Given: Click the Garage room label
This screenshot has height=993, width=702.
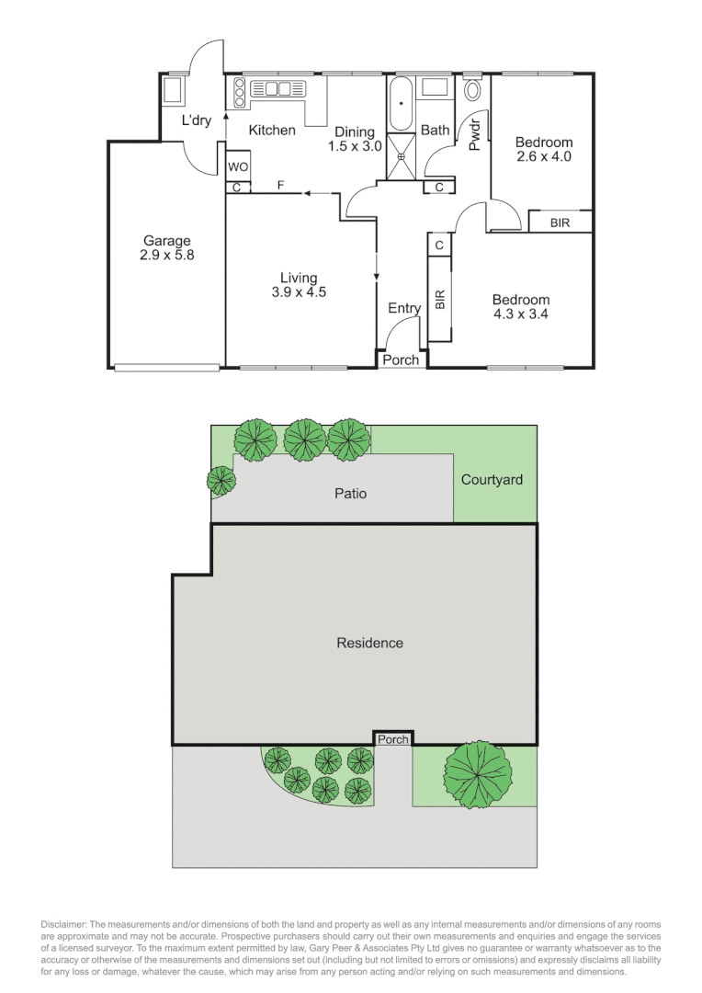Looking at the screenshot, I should [166, 248].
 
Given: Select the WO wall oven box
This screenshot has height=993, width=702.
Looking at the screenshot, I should [238, 167].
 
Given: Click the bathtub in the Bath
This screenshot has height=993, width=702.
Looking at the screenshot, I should [402, 105].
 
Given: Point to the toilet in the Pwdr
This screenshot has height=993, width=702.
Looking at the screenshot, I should [474, 90].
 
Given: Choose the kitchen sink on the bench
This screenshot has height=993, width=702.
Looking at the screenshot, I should [277, 89].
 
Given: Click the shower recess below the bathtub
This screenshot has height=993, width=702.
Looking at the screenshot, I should [402, 154].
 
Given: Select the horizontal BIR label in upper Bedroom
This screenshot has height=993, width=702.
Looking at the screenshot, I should [560, 223].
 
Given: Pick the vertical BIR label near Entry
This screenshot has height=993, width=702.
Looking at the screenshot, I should [439, 300].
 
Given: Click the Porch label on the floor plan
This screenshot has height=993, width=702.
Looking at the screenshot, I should [401, 360].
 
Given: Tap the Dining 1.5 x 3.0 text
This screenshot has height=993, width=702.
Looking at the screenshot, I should [354, 139].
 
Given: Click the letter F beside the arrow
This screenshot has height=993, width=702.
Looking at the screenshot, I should [281, 187].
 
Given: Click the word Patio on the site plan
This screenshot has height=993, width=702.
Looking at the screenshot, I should [350, 494].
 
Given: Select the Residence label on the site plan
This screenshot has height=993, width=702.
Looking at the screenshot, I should [369, 643].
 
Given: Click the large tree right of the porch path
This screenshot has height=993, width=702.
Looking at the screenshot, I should [477, 772].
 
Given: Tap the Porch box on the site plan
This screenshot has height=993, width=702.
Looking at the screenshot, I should [392, 738].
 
